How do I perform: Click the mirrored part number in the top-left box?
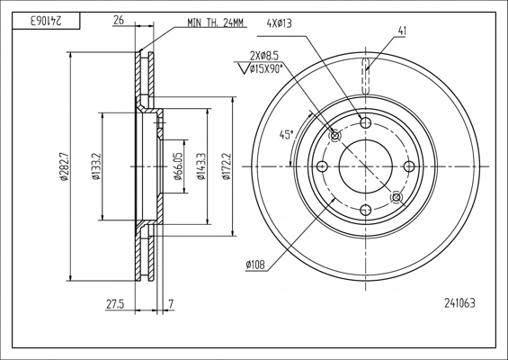[x=46, y=21]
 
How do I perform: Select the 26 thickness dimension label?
[x=119, y=20]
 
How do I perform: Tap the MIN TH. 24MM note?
[x=215, y=22]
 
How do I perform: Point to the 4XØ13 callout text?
[x=279, y=23]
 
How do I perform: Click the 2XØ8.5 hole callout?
[x=264, y=56]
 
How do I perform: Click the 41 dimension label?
[x=402, y=31]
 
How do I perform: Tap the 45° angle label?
[x=287, y=135]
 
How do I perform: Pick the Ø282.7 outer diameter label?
[x=64, y=166]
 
